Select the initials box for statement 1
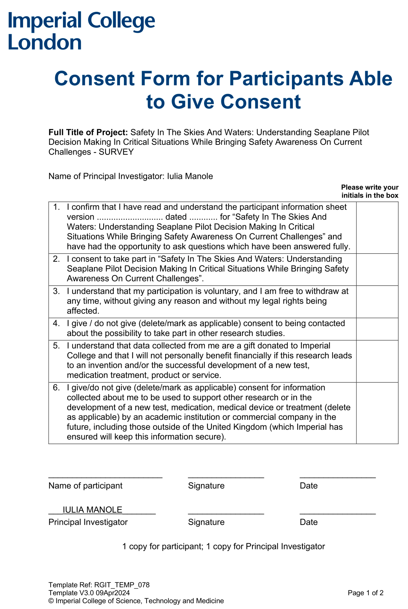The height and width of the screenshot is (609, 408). coord(377,227)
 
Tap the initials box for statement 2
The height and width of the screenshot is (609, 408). coord(377,269)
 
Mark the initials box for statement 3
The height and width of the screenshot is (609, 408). coord(377,302)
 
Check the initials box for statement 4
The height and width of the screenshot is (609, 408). coord(377,329)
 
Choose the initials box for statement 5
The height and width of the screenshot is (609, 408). coord(377,361)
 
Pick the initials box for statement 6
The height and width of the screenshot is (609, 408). coord(377,413)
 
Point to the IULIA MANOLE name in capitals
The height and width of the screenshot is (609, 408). coord(92,510)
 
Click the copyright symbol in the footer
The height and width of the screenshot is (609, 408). coord(51,601)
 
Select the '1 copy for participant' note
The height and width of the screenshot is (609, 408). coord(163,546)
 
